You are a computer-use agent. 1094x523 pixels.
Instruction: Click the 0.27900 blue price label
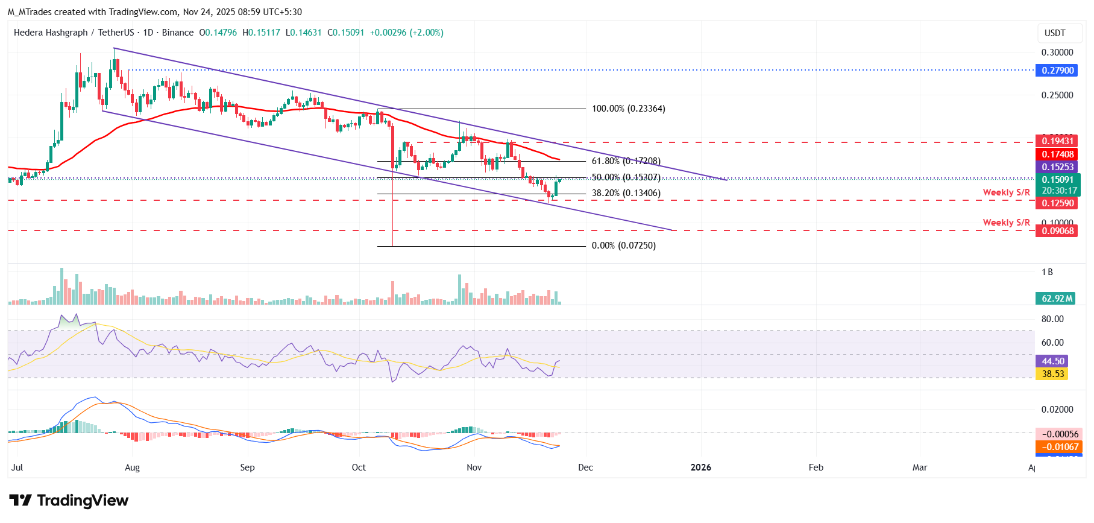(x=1058, y=71)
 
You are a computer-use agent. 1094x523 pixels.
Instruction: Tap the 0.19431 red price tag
(x=1058, y=141)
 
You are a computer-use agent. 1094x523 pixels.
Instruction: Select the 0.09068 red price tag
(x=1058, y=231)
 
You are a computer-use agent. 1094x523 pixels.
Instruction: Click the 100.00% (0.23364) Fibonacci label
(x=628, y=109)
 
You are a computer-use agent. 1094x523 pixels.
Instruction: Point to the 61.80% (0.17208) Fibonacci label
(x=626, y=161)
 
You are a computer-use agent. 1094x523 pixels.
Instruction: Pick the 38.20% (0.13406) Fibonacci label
(x=626, y=194)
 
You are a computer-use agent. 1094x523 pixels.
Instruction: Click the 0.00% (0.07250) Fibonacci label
(x=623, y=246)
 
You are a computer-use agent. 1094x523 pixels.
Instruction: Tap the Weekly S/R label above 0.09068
(x=1006, y=223)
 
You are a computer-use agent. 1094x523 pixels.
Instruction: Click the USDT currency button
(x=1054, y=33)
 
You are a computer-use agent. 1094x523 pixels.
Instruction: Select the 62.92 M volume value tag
(x=1057, y=299)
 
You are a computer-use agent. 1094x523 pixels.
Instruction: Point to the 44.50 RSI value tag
(x=1052, y=361)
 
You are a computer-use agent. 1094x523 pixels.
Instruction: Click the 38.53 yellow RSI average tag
(x=1052, y=374)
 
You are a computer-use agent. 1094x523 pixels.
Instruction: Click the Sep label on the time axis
(x=247, y=468)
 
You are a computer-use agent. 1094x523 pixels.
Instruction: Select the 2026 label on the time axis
(x=700, y=468)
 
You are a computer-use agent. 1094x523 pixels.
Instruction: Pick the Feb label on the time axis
(x=816, y=468)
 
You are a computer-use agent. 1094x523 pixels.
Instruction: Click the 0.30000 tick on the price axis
(x=1057, y=52)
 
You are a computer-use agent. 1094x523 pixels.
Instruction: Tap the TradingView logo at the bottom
(x=69, y=501)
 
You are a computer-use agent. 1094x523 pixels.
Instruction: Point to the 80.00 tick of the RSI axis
(x=1052, y=319)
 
